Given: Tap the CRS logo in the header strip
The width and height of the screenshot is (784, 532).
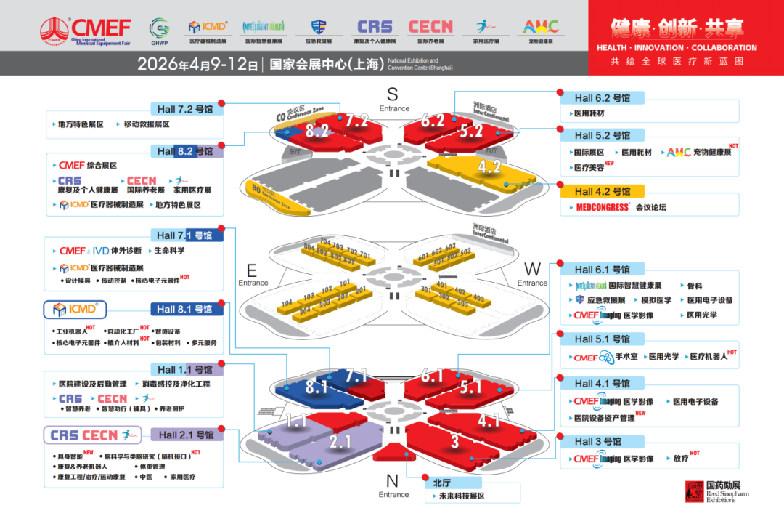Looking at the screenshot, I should [x=375, y=27].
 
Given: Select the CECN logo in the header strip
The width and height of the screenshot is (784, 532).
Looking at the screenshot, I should [x=430, y=27].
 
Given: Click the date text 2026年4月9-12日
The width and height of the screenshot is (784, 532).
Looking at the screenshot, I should [x=197, y=64].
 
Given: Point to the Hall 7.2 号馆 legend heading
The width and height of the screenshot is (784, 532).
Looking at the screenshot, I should [x=186, y=109].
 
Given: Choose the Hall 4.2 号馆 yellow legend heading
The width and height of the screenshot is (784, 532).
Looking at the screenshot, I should [x=603, y=192].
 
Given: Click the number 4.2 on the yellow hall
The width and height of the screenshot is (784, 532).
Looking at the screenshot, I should [x=489, y=167].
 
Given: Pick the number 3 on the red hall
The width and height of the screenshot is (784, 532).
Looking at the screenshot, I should [x=455, y=441].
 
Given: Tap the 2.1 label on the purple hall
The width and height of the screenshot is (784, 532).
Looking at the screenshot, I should [x=340, y=441].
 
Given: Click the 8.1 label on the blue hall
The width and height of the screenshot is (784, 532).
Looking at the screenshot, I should [x=317, y=387].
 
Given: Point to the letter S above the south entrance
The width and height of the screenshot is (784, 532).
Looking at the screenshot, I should [x=393, y=94].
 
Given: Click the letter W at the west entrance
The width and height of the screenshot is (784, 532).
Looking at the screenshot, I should [x=532, y=270].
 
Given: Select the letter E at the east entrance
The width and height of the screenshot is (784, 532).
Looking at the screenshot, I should [x=252, y=270].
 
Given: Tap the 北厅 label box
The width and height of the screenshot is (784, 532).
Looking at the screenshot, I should [x=442, y=482].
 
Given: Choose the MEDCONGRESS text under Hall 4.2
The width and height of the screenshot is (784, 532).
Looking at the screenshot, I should [x=603, y=208].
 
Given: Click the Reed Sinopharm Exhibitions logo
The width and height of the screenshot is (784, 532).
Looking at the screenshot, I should [x=716, y=491].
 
